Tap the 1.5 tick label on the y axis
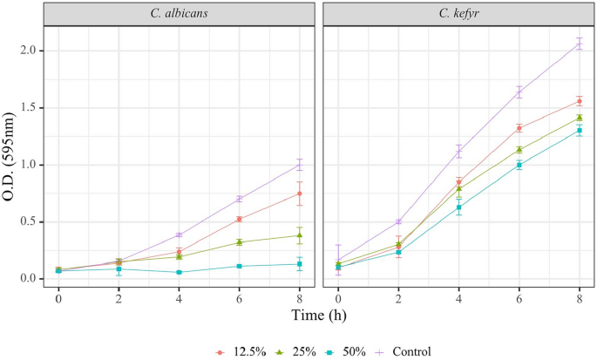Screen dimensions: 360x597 coord(28,108)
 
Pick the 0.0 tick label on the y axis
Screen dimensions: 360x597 coord(28,279)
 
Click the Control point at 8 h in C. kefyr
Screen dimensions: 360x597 coord(579,44)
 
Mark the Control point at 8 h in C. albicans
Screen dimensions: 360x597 coord(299,165)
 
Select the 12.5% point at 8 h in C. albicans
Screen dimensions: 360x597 coord(299,194)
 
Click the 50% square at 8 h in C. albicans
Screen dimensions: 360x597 coord(299,264)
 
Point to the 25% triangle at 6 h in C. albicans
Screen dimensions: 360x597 coord(239,242)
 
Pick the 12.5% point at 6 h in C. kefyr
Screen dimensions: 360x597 coord(519,128)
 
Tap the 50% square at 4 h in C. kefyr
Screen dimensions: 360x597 coord(458,207)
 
